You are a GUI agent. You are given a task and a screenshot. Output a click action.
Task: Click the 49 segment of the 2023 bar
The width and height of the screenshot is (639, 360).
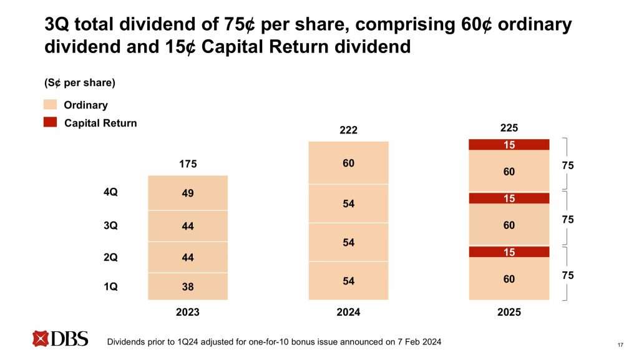pos(188,193)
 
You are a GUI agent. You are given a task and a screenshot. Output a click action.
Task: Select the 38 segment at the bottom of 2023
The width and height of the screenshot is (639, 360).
pos(188,287)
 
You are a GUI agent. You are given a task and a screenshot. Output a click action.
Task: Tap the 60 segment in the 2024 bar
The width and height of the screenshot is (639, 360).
pos(348,163)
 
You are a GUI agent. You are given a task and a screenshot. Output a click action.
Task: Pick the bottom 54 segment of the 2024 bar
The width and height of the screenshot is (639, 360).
pos(348,281)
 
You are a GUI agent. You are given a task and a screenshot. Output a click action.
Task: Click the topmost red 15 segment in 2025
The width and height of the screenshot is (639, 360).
pos(509,145)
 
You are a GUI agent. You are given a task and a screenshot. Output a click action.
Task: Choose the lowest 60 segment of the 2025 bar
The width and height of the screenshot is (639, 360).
pos(509,279)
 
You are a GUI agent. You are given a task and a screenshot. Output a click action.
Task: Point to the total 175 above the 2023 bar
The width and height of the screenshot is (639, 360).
pos(188,165)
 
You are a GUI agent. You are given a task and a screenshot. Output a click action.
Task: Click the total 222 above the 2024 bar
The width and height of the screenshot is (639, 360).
pos(348,130)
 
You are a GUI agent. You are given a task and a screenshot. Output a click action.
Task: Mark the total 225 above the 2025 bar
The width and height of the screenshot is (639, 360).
pos(509,128)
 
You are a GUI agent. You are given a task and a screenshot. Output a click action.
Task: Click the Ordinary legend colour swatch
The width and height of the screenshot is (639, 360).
pos(51,105)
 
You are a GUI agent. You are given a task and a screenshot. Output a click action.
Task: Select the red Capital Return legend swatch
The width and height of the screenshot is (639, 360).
pos(51,123)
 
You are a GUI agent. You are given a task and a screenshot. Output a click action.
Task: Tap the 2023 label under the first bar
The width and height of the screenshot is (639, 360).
pos(188,312)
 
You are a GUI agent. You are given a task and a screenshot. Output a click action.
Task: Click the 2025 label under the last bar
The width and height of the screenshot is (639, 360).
pos(509,312)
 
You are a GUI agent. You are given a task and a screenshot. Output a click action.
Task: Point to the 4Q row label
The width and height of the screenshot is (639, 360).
pos(110,193)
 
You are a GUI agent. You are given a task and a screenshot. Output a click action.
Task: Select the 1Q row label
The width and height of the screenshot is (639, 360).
pos(110,286)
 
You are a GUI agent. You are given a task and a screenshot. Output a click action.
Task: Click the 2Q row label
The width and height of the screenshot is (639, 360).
pos(110,256)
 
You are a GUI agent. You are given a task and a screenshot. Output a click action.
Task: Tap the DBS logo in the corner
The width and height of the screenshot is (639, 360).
pos(61,339)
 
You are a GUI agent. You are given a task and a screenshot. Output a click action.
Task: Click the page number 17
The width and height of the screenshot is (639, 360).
pos(620,344)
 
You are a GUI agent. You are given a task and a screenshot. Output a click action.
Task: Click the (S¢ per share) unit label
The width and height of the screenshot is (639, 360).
pos(79,82)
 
